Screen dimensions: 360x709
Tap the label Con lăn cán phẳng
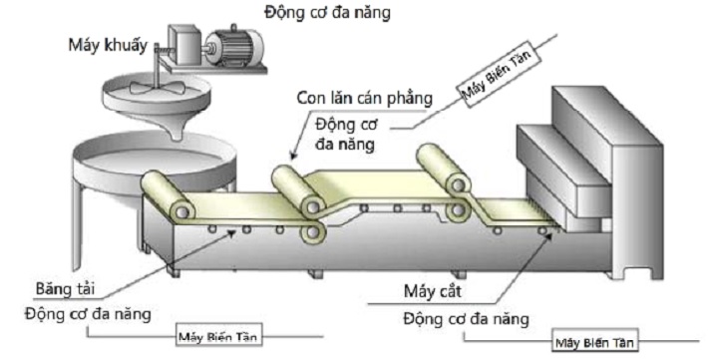pos(364,99)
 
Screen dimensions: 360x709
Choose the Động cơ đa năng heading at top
pos(329,13)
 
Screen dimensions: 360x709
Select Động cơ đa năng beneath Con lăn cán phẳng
pos(344,134)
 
